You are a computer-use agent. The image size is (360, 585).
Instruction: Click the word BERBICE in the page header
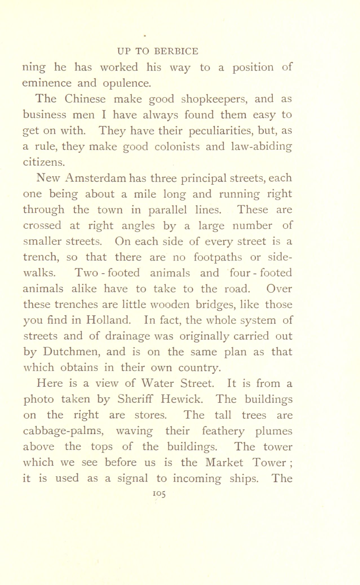(x=176, y=51)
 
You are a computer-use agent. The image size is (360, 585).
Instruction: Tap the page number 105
(x=159, y=493)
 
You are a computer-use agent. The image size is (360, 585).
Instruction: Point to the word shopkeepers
(x=214, y=99)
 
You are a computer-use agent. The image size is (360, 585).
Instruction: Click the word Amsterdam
(x=92, y=178)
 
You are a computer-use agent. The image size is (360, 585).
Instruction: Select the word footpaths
(x=218, y=257)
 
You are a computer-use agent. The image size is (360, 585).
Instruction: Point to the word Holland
(x=109, y=320)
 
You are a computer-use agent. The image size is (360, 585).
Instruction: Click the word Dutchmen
(x=85, y=352)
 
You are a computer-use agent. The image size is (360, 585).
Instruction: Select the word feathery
(x=224, y=431)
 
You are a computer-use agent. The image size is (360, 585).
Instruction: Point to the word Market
(x=224, y=462)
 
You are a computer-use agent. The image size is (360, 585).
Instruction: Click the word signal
(x=133, y=478)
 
